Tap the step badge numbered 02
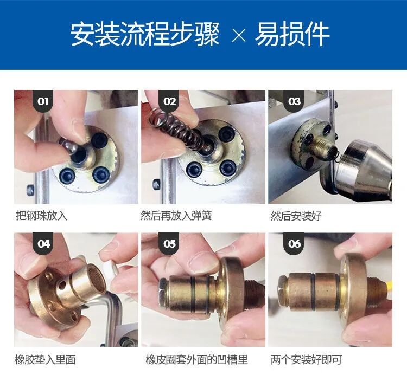pos(170,101)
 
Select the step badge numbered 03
pos(295,101)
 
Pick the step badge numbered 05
pos(170,244)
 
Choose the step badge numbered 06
pos(295,244)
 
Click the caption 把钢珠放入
pos(42,216)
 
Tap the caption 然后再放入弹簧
pos(176,216)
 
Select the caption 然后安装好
pos(296,216)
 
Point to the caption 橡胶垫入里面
pos(46,359)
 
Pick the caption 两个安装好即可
pos(306,359)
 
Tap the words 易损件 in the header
pos(293,35)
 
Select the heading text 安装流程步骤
pos(145,35)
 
